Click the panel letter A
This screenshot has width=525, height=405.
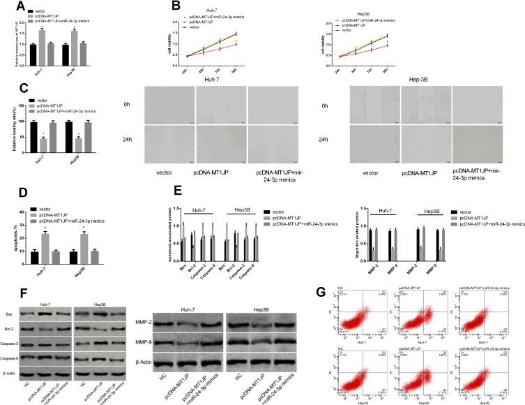click(7, 7)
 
